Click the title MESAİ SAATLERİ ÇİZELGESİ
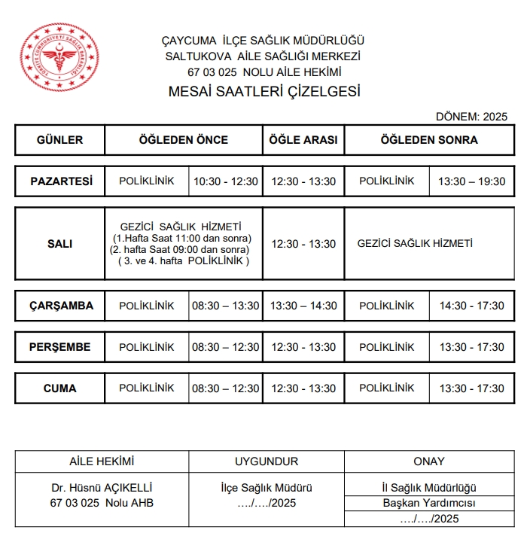tap(264, 93)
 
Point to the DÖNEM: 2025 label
tap(471, 117)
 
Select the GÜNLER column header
tap(59, 140)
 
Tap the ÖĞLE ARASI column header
tap(303, 140)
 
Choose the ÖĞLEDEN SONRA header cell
tap(429, 140)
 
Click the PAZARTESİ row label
tap(61, 181)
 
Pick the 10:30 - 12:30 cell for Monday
tap(226, 181)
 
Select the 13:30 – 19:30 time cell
tap(471, 181)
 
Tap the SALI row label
tap(60, 244)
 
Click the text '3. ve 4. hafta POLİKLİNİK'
tap(183, 260)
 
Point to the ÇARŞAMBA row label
tap(61, 306)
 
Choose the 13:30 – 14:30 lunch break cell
tap(303, 306)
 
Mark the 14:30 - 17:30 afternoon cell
tap(471, 306)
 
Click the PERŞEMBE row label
tap(60, 347)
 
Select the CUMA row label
tap(60, 388)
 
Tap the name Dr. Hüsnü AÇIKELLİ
tap(102, 488)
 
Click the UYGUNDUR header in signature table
tap(267, 461)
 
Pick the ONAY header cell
tap(429, 461)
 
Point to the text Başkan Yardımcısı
tap(429, 503)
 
